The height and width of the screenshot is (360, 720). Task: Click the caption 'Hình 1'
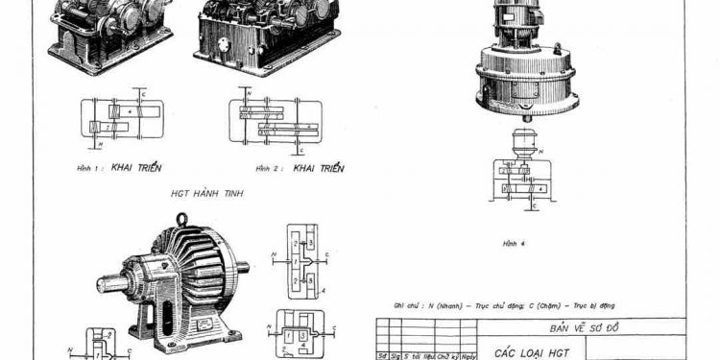coord(85,168)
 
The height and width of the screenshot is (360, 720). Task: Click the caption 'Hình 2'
coord(248,168)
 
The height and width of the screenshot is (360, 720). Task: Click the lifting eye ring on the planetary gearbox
coord(181,220)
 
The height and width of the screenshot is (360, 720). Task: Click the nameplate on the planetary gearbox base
coord(205,327)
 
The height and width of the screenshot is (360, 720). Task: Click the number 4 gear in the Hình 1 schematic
coord(127,112)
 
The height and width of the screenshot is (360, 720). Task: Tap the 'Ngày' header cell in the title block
coord(469,354)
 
